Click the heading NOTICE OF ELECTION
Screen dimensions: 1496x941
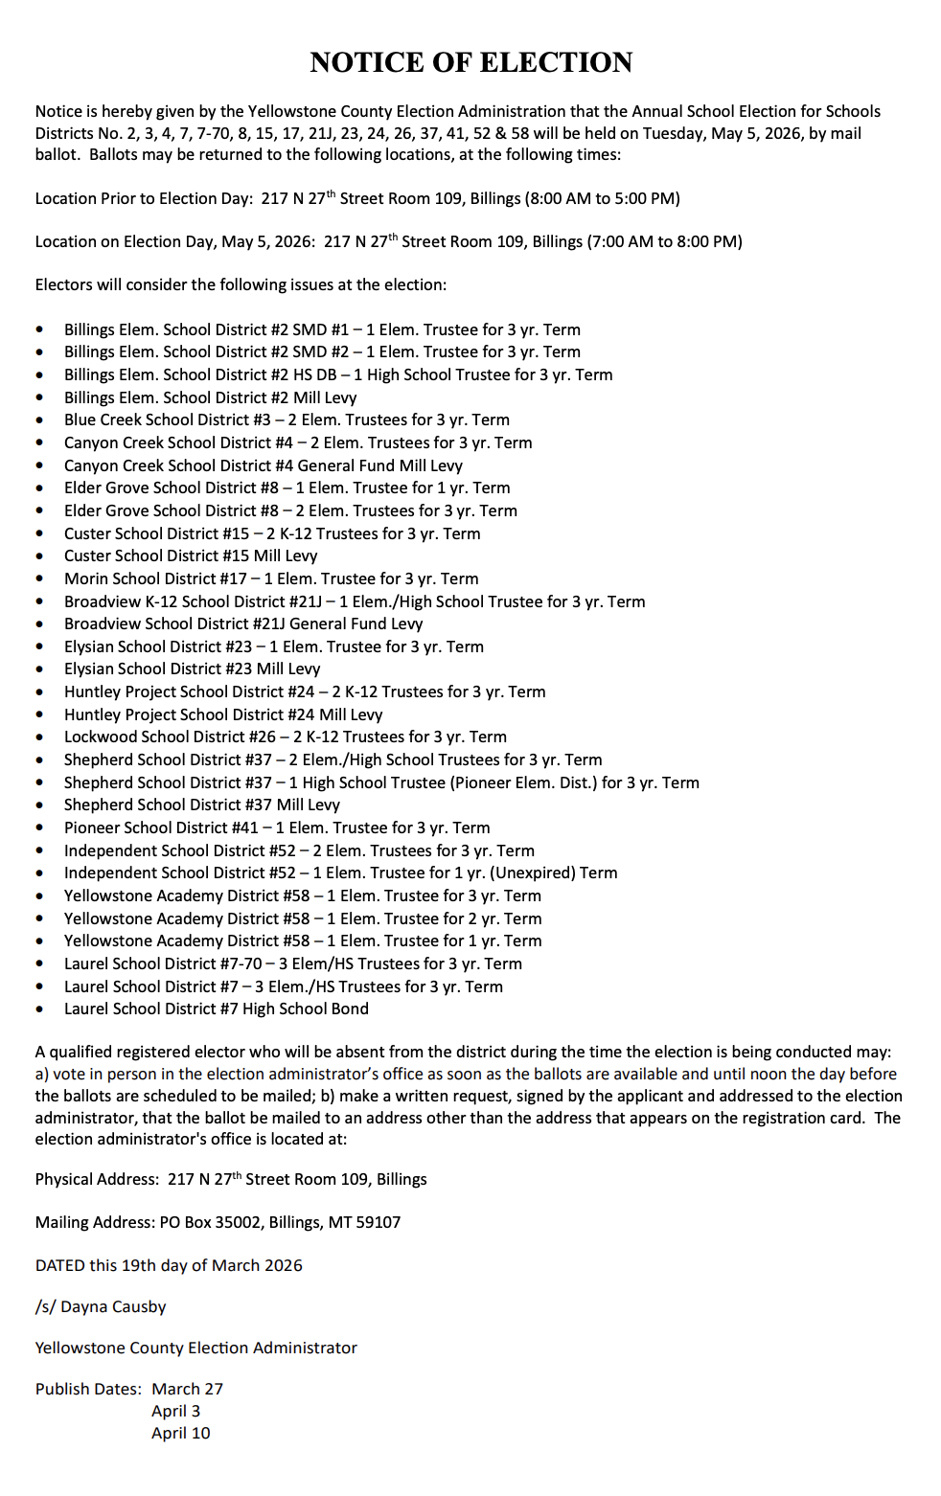[470, 62]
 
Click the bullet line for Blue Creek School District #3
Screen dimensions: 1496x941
[287, 419]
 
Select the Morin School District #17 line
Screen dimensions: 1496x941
[271, 578]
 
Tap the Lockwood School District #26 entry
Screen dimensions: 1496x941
[285, 737]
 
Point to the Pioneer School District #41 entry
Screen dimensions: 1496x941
[277, 827]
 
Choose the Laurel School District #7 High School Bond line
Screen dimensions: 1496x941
[216, 1009]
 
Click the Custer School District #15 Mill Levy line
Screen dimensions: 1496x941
[191, 555]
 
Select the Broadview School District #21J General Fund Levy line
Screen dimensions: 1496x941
[243, 623]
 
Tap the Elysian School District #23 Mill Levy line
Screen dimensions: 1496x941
[192, 669]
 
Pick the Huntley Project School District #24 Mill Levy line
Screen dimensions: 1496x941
[223, 714]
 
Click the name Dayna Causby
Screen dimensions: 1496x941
[113, 1306]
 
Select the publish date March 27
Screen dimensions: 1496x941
[187, 1389]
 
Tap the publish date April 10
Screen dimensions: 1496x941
[180, 1433]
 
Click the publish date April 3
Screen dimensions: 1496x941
[175, 1411]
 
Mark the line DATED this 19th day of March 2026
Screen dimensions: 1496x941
[169, 1265]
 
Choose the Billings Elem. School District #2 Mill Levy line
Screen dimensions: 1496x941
[210, 397]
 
